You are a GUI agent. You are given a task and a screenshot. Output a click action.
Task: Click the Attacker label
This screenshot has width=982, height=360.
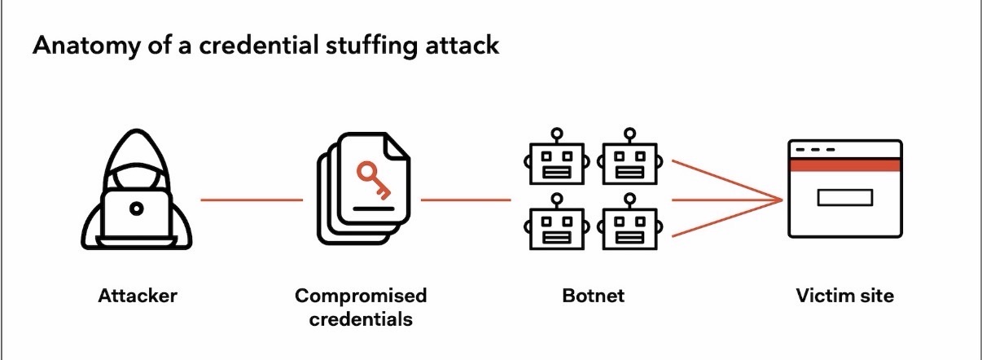click(137, 296)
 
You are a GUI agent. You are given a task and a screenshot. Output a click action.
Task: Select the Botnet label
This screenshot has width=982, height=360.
click(593, 296)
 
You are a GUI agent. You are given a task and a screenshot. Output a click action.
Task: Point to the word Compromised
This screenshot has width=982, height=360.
click(360, 295)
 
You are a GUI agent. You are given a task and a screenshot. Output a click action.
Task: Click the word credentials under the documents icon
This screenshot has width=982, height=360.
click(360, 318)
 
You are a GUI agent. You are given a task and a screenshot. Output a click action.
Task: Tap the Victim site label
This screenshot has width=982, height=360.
click(844, 296)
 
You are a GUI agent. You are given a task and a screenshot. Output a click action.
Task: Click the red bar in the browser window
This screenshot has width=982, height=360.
click(844, 165)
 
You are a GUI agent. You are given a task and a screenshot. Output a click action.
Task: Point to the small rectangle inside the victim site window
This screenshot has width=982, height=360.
click(844, 197)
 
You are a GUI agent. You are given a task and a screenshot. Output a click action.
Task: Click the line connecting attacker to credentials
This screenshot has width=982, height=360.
click(252, 199)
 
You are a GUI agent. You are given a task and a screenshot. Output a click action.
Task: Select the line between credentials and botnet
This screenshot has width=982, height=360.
click(466, 199)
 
